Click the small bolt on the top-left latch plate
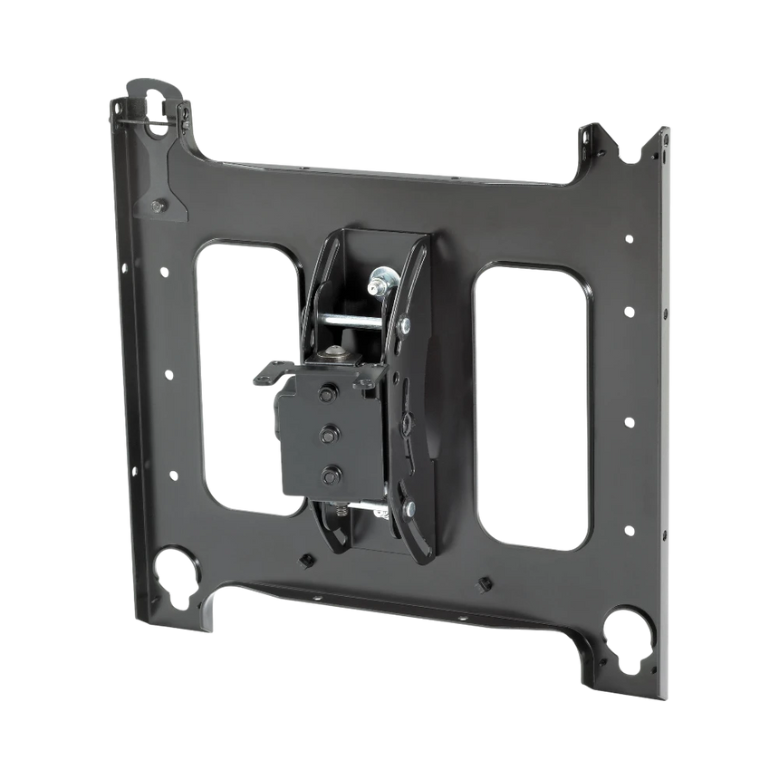[x=159, y=207]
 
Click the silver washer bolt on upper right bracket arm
[x=405, y=324]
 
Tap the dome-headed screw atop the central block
[x=337, y=348]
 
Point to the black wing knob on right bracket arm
[x=409, y=421]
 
